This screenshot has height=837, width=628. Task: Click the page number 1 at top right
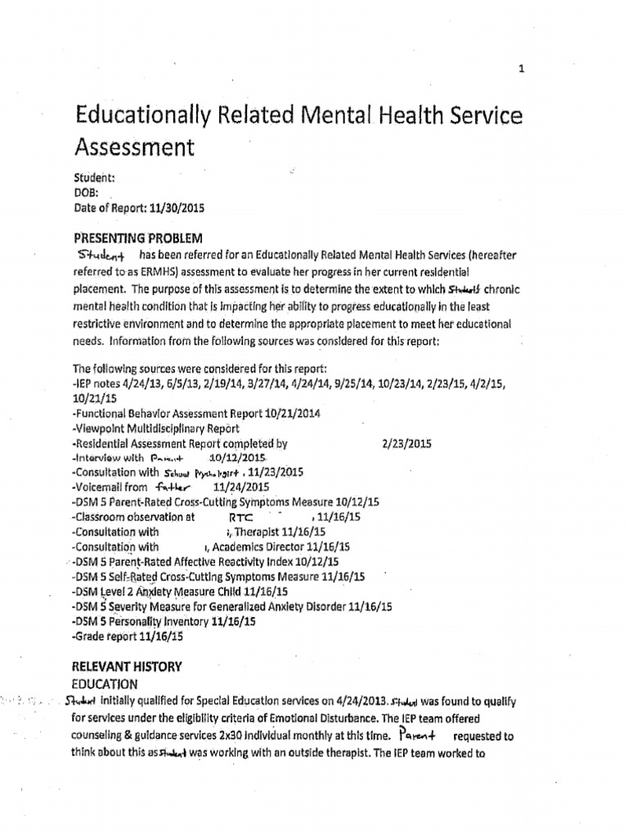(521, 70)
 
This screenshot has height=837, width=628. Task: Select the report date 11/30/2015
(176, 208)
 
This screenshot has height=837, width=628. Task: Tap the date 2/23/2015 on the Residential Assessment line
(406, 444)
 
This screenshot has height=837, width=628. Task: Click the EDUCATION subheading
(105, 683)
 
